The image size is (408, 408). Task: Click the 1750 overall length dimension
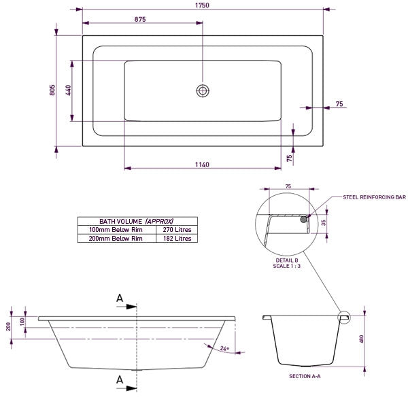[x=202, y=5]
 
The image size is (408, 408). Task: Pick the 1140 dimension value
[x=202, y=165]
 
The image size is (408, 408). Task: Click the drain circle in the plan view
[x=202, y=90]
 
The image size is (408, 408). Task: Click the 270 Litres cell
[x=177, y=230]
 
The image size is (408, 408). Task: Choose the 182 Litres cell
[x=177, y=239]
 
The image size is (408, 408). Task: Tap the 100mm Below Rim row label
[x=116, y=230]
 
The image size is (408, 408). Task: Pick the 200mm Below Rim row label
[x=116, y=239]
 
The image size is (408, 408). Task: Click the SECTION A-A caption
[x=304, y=375]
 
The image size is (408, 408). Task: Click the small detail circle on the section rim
[x=343, y=316]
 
